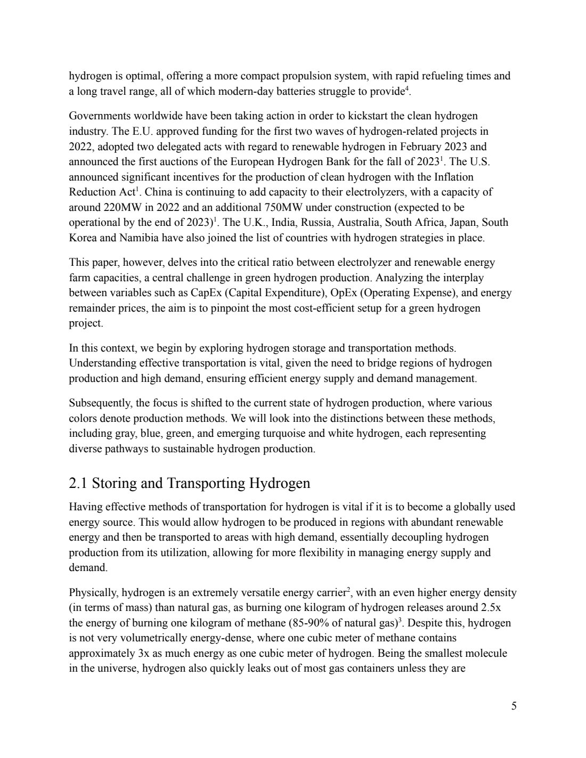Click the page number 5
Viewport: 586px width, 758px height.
(514, 706)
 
